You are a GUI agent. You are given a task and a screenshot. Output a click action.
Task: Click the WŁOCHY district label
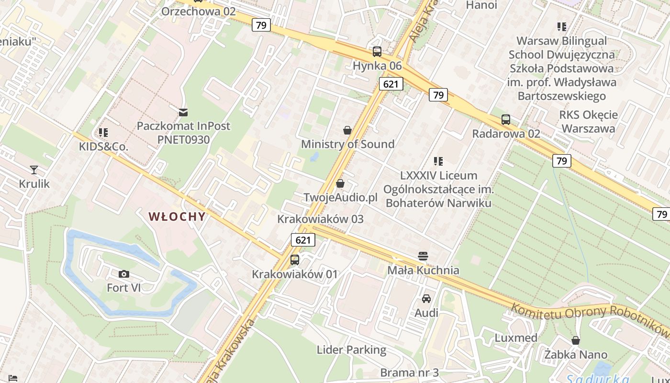[177, 216]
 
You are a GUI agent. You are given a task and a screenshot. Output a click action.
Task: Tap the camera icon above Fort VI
[124, 274]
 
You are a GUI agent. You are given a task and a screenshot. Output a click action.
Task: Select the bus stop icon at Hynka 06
[377, 52]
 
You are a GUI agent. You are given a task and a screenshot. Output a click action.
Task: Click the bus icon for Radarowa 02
[506, 120]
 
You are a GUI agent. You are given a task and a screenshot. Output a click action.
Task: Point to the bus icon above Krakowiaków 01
[295, 260]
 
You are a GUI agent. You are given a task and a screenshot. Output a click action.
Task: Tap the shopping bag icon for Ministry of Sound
[347, 130]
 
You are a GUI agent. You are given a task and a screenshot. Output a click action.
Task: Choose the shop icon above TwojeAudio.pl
[340, 183]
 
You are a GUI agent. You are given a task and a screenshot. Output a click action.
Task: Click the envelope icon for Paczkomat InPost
[183, 113]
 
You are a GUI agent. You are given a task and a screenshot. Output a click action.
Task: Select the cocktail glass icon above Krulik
[34, 169]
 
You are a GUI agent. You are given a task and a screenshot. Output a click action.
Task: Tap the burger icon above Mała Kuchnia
[423, 256]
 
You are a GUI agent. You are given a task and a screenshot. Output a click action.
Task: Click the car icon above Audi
[426, 299]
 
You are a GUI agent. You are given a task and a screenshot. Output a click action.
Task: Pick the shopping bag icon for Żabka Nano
[576, 340]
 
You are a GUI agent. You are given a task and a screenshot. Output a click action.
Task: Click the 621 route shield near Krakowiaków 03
[303, 240]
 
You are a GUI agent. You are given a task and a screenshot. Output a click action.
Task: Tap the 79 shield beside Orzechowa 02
[261, 25]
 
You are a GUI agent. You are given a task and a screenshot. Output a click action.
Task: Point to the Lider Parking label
[351, 349]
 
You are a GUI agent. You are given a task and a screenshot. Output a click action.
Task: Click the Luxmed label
[516, 338]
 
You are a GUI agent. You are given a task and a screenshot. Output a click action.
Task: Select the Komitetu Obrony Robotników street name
[589, 316]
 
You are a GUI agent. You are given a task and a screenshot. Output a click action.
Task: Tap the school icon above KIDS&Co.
[103, 132]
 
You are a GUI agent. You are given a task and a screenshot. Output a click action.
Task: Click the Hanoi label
[481, 5]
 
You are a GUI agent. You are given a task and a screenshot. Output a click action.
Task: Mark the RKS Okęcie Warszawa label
[588, 122]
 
